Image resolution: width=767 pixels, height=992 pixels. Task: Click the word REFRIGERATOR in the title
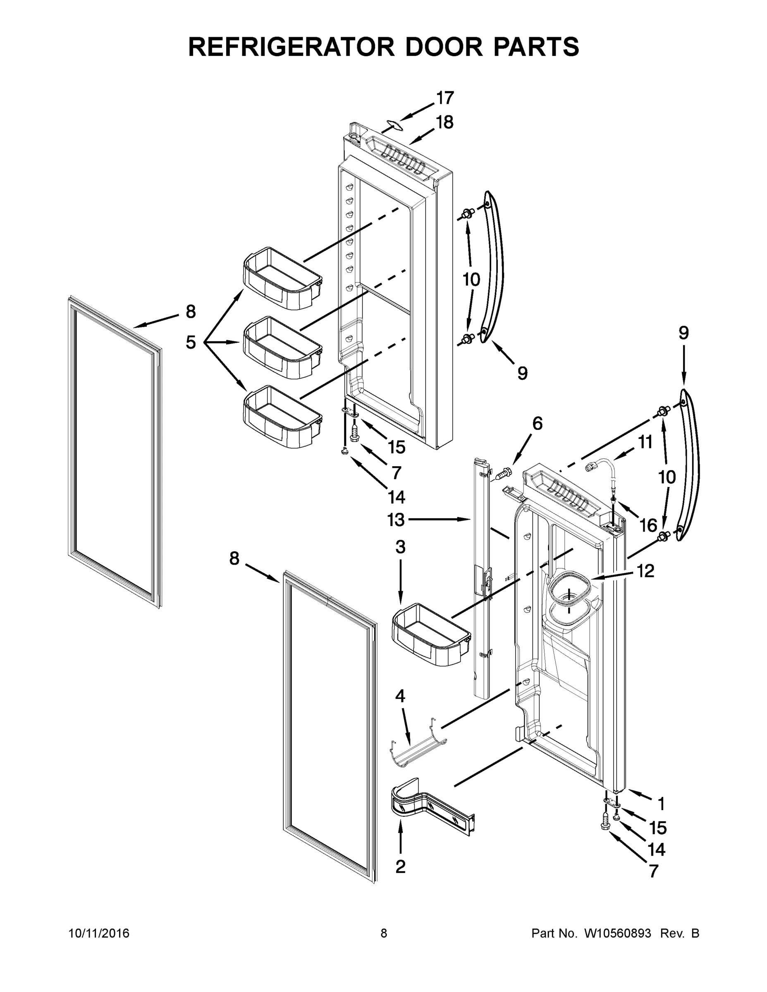click(x=291, y=47)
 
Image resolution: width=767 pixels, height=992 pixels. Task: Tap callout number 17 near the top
click(x=445, y=98)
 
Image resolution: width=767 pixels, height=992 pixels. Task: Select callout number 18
click(x=444, y=122)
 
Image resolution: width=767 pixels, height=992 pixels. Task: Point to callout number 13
click(x=396, y=520)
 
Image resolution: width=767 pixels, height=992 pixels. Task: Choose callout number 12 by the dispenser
click(x=645, y=571)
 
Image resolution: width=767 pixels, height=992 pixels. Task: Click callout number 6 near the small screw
click(x=537, y=423)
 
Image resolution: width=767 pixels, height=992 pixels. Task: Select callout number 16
click(x=648, y=526)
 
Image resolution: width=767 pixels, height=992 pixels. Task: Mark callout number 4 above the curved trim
click(x=400, y=696)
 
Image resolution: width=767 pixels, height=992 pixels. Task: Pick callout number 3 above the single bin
click(x=400, y=547)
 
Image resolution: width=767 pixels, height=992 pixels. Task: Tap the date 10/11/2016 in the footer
click(x=99, y=933)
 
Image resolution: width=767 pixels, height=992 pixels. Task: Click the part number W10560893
click(x=617, y=933)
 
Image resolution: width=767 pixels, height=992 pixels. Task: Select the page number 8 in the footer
click(x=384, y=933)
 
